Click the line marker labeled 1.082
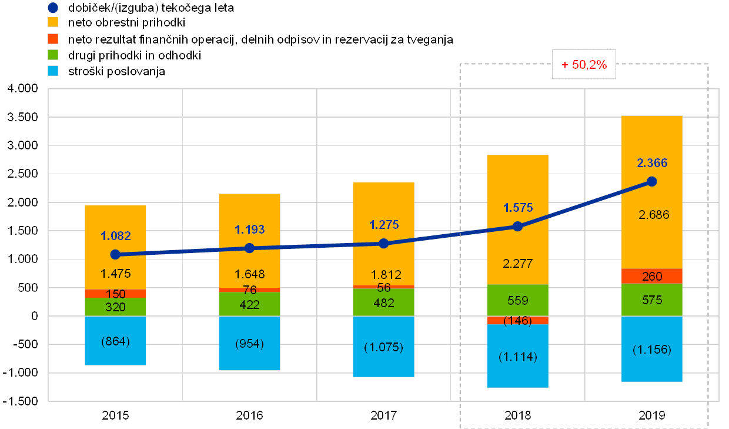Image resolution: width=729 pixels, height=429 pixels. [x=115, y=254]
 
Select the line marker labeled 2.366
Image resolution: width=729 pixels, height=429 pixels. [x=651, y=181]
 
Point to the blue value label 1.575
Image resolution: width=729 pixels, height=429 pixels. [x=518, y=208]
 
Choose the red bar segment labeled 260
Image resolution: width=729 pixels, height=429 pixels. [x=651, y=276]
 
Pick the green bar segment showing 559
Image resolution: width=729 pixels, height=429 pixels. [x=518, y=300]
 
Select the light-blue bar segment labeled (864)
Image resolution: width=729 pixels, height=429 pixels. [x=115, y=341]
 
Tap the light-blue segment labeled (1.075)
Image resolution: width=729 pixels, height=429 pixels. [x=383, y=347]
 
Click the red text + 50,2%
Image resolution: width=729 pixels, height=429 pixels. [x=584, y=65]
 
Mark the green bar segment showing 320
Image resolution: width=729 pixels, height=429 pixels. [x=115, y=307]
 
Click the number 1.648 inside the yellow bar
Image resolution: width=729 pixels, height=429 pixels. [x=249, y=274]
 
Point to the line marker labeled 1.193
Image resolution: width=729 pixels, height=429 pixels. [x=249, y=248]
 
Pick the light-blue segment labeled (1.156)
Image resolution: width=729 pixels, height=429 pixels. [x=651, y=349]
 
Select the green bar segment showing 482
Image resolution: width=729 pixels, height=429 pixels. [x=383, y=302]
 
